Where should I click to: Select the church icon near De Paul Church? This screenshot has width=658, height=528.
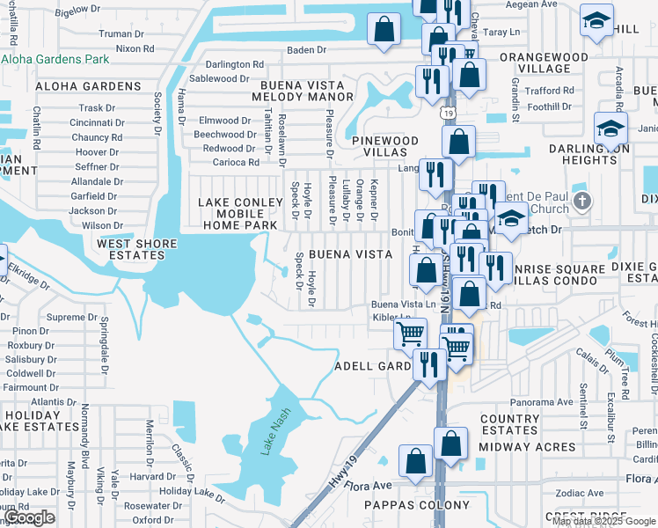[x=581, y=202]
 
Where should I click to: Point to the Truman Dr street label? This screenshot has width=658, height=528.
[x=114, y=33]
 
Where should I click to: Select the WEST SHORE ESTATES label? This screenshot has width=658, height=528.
[x=130, y=249]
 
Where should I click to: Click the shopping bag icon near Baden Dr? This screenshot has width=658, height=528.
[x=384, y=29]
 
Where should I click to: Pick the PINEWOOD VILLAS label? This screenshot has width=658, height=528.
[x=385, y=146]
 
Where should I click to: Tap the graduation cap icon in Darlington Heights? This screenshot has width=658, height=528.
[x=610, y=129]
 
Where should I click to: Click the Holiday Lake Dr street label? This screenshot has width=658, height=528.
[x=187, y=491]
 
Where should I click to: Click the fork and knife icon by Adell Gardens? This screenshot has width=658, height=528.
[x=429, y=363]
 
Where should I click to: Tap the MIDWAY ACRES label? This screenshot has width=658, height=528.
[x=527, y=446]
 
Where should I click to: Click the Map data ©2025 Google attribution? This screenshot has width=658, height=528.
[x=603, y=521]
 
